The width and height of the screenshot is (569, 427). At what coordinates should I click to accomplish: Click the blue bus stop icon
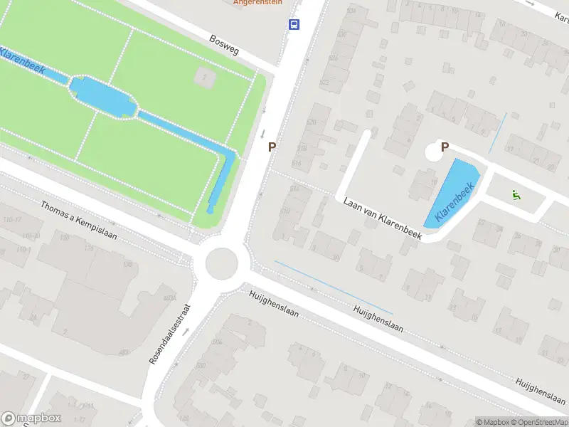pos(294,24)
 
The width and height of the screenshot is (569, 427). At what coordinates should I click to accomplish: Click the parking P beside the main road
pos(272,147)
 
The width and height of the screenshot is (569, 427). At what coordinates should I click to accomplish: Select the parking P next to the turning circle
pos(445,147)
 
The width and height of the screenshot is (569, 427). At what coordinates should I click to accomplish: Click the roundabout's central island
pos(220,263)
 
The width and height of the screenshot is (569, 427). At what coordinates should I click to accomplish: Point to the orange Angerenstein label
pos(257,2)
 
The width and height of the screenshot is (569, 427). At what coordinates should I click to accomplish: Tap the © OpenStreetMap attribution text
pos(540,422)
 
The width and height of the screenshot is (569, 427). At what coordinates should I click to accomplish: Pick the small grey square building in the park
pos(204,78)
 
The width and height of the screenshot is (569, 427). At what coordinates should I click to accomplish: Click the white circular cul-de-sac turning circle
pos(434,152)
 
